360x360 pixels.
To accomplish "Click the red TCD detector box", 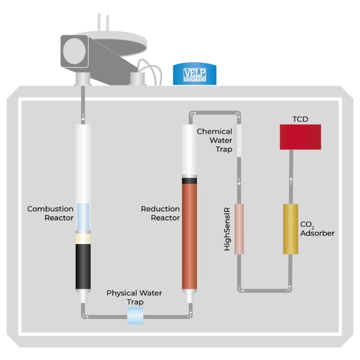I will [x=300, y=136].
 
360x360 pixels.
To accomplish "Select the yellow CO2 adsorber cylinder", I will [x=290, y=229].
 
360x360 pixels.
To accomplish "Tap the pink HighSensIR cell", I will [x=240, y=229].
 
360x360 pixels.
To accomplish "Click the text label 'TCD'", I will [x=300, y=119].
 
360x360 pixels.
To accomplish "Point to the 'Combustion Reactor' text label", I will [x=50, y=213].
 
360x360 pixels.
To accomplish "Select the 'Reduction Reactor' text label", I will [x=160, y=213].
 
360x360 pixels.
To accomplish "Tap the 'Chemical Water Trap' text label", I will [x=214, y=139].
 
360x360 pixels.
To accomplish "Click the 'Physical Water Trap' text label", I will [x=134, y=297].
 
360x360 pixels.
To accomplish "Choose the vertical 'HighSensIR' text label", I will [x=227, y=229].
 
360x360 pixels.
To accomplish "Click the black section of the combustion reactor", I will [x=83, y=266].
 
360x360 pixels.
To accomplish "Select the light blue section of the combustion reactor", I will [x=83, y=216].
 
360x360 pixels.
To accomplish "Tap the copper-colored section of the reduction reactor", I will [x=190, y=235].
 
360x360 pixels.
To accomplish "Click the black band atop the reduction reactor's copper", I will [x=190, y=179].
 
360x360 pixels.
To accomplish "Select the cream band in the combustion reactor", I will [x=83, y=238].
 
